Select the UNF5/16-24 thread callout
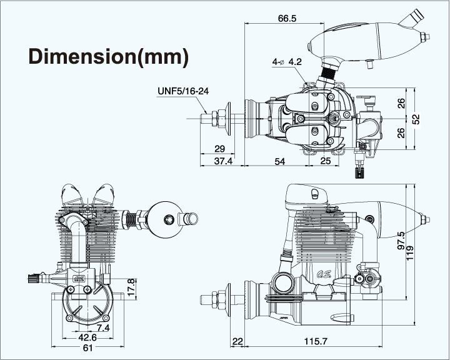point(182,91)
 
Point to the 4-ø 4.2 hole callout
point(287,62)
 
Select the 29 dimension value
point(219,148)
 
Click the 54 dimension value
point(280,161)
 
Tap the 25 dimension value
point(325,161)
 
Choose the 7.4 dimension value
point(103,327)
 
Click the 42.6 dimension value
point(89,338)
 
